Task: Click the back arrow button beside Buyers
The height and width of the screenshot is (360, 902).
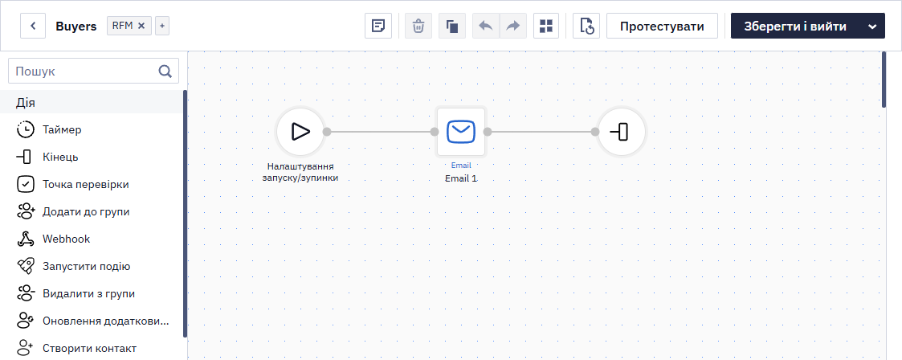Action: pos(33,26)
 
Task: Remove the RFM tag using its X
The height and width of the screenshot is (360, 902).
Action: pos(141,26)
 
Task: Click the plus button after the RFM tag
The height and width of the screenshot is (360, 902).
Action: pos(162,26)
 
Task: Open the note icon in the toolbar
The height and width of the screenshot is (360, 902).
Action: pos(378,26)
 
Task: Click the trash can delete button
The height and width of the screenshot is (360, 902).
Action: pos(418,26)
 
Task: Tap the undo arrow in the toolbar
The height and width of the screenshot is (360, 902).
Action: pos(486,26)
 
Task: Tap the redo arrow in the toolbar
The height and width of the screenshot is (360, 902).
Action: pos(512,26)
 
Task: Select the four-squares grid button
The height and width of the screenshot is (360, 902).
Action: pos(546,26)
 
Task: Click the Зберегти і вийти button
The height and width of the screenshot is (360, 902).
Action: pos(795,26)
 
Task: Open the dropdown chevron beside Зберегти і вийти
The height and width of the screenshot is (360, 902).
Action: pos(872,27)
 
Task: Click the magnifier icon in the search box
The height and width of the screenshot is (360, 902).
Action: pos(165,72)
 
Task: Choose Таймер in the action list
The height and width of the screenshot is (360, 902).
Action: pos(62,130)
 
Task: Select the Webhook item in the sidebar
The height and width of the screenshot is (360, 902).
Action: pos(66,239)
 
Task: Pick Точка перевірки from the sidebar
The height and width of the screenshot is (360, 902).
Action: pos(86,185)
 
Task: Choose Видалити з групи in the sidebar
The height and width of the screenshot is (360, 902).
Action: pos(88,294)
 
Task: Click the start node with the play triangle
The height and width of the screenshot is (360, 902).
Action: pos(300,132)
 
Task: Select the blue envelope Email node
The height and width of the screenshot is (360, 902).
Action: pos(461,132)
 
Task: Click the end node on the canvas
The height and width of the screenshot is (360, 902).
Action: pos(621,132)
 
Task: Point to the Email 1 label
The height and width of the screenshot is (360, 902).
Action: pos(461,178)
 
